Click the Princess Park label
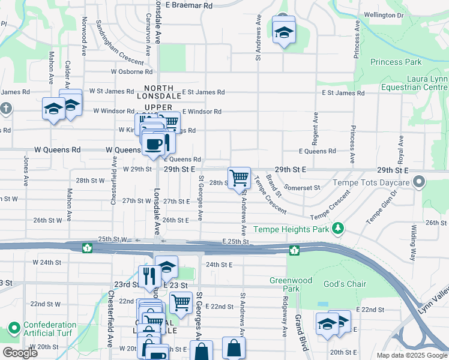(x=396, y=62)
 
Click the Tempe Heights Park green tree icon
(x=339, y=228)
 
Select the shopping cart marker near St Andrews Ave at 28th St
(x=240, y=178)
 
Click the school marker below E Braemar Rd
(x=284, y=32)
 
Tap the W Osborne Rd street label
(x=131, y=72)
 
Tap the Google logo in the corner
(x=19, y=353)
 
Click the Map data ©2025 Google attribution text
(x=411, y=355)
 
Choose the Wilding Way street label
(x=414, y=242)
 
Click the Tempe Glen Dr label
(x=382, y=207)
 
